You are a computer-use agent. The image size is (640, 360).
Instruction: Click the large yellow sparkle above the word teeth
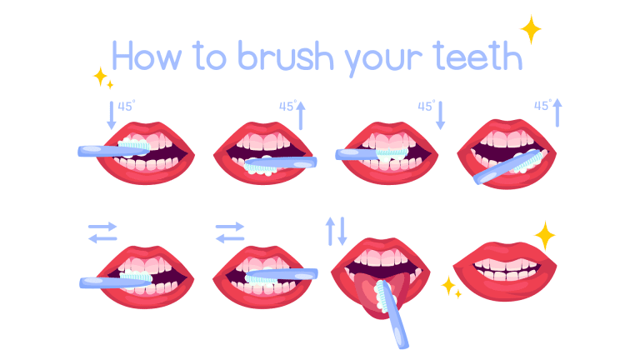coord(530,29)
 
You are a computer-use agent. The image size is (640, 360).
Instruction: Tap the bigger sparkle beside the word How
coord(100,77)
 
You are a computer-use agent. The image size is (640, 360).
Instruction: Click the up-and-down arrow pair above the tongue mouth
coord(335,230)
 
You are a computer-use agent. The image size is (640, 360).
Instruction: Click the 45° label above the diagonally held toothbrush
coord(542,106)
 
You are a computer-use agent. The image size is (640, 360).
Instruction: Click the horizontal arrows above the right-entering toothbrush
coord(229,232)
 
